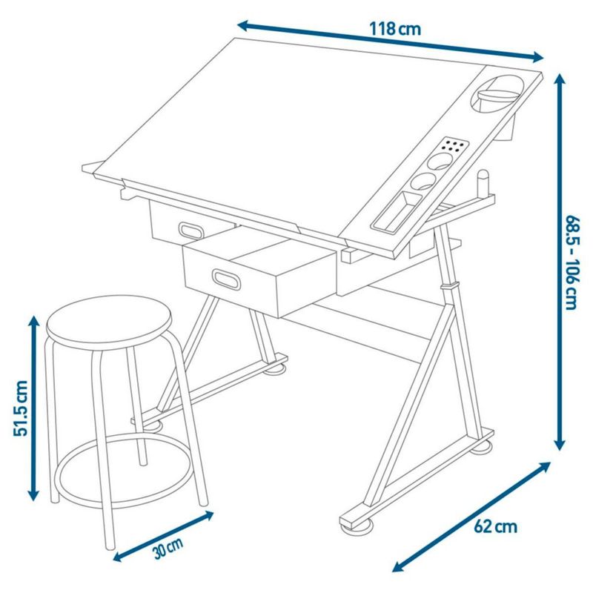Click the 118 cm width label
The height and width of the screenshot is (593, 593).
coord(394,29)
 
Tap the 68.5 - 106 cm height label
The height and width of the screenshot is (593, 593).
coord(571,263)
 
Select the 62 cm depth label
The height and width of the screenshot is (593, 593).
coord(495,527)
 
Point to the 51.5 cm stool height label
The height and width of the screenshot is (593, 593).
coord(21,408)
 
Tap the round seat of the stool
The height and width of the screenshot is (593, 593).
coord(109,322)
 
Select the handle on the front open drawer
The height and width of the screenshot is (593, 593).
coord(227,279)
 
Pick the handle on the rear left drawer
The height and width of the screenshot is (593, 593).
coord(192,231)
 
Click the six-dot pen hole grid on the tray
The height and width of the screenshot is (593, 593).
coord(453,146)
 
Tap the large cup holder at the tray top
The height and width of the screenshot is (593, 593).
coord(495,94)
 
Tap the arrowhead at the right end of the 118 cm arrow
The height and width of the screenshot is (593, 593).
coord(537,57)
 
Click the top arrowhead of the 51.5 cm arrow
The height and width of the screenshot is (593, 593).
coord(34,322)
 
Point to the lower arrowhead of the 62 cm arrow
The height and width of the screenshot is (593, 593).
coord(400,566)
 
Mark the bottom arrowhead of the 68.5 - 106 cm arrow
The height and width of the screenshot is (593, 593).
coord(560,443)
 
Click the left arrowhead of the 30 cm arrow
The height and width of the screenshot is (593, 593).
coord(120,557)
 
